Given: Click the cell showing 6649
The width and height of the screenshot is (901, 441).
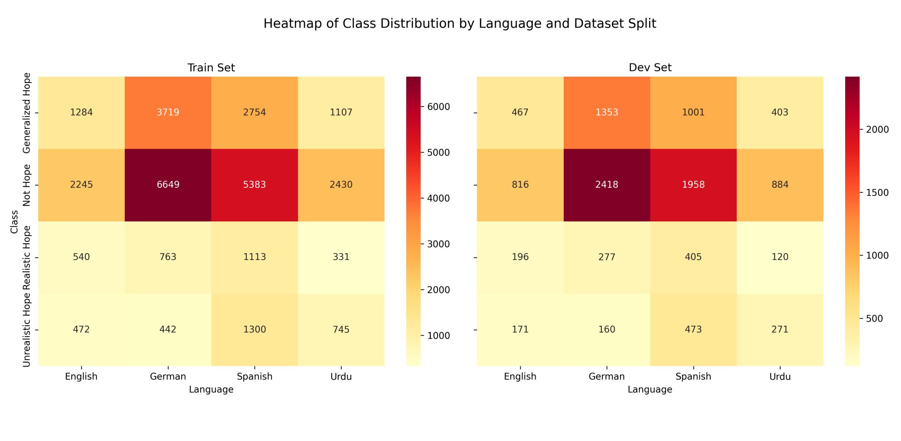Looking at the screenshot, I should (168, 185).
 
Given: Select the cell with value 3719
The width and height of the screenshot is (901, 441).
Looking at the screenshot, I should (168, 113).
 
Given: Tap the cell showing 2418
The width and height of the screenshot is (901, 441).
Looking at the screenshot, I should (607, 185).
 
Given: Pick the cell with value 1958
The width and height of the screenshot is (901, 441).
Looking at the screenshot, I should (693, 185).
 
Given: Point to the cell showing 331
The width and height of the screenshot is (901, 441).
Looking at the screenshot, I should (341, 257).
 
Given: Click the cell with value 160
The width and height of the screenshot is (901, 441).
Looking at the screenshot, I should (607, 329).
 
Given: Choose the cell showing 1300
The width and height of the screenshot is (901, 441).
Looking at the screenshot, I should (255, 329).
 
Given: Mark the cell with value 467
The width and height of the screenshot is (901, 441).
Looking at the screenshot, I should (520, 113).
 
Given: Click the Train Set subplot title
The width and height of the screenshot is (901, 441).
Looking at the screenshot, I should (211, 68).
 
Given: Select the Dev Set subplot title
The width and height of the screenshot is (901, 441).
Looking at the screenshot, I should (650, 68).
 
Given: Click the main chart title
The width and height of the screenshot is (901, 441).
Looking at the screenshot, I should (459, 24).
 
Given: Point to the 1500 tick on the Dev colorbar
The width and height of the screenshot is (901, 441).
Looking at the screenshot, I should (877, 193).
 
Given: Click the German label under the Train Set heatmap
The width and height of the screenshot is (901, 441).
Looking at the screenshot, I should (168, 377).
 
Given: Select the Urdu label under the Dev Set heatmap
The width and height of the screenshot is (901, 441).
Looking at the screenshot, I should (780, 377).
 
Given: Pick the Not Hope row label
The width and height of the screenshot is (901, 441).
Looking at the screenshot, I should (27, 185).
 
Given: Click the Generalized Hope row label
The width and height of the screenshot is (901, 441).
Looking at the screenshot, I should (27, 113).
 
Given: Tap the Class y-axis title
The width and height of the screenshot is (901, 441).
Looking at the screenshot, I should (14, 221).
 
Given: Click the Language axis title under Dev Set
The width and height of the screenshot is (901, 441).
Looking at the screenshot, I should (650, 389).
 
